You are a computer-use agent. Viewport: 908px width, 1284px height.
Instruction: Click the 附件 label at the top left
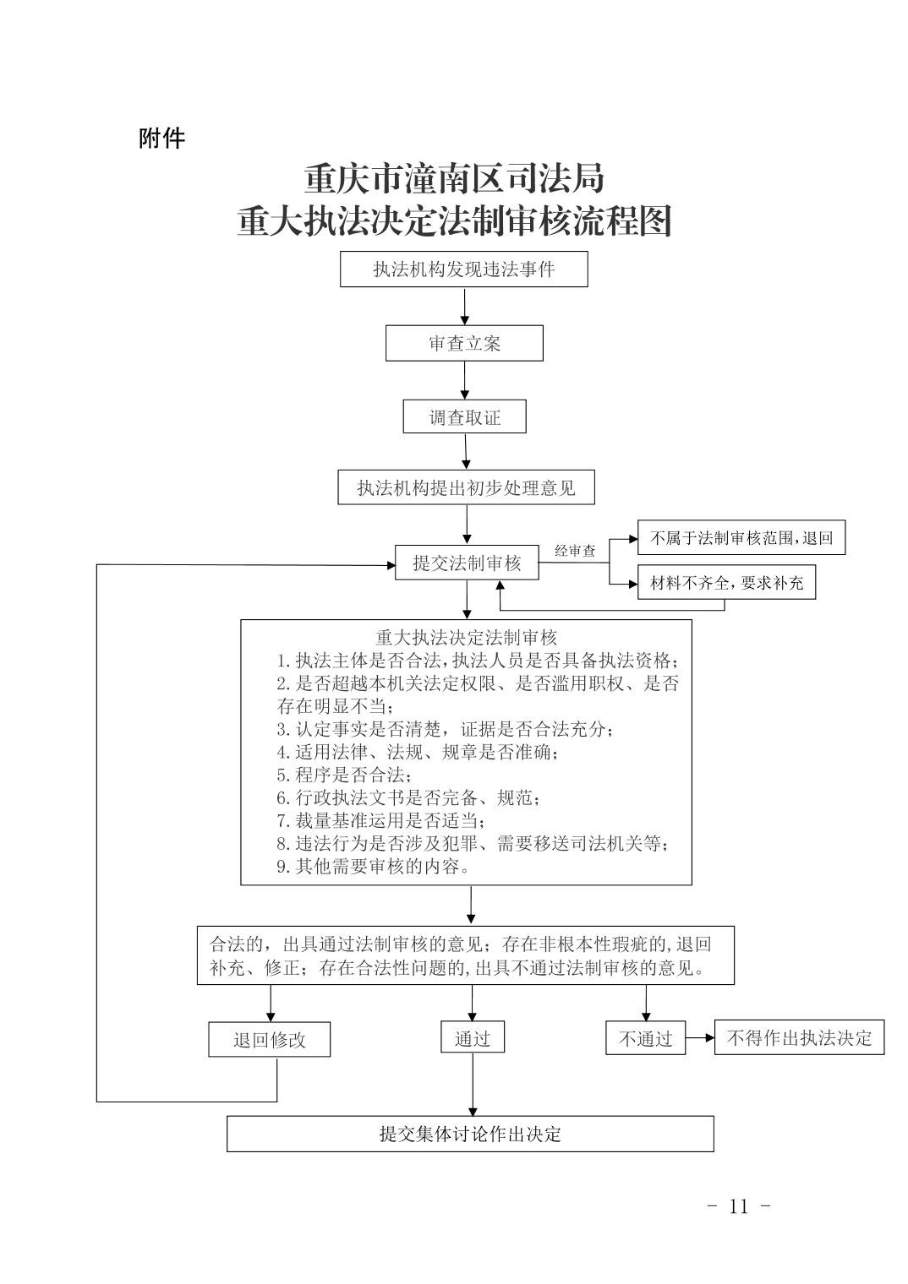161,139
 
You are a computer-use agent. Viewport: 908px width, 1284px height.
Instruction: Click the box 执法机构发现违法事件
463,269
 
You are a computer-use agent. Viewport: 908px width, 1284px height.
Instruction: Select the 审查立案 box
464,343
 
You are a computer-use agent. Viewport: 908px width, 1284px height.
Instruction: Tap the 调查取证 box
464,416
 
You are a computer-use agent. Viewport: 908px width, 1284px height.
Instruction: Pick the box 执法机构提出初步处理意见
466,487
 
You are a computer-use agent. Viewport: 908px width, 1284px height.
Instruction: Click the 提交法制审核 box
467,563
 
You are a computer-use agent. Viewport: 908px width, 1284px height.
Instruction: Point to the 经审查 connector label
575,551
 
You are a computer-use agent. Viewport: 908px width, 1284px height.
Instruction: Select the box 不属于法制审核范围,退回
741,537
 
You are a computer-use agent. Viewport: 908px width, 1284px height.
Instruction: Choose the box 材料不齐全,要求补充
726,582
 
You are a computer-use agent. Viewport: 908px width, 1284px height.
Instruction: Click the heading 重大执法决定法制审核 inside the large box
466,638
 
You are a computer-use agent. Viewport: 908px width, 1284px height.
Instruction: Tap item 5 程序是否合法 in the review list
344,775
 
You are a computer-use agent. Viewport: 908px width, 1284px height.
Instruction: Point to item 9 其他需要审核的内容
373,866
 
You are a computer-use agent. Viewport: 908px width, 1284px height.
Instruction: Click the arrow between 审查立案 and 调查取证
465,380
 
